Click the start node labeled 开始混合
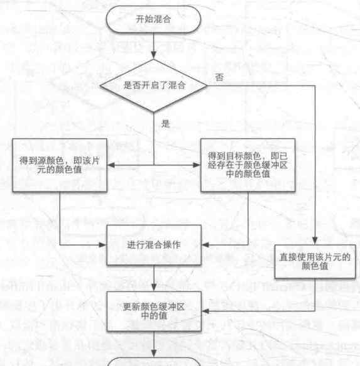pos(153,19)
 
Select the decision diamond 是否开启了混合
pos(153,85)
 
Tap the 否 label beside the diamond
pos(219,77)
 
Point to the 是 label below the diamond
pos(165,124)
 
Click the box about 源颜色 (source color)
pos(60,165)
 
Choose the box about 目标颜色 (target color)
pos(248,165)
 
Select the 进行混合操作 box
pos(154,245)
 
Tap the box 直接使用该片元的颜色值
pos(315,261)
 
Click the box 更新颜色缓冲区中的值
pos(154,311)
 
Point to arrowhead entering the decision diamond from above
pos(153,55)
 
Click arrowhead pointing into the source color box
pos(111,165)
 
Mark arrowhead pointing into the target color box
pos(197,165)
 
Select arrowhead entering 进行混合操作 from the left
pos(103,245)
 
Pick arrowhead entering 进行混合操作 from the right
pos(205,245)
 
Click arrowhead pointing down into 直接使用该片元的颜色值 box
pos(315,241)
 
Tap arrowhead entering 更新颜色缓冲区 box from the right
pos(205,311)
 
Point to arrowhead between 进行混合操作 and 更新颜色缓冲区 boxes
pos(154,288)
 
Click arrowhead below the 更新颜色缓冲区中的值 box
pos(154,353)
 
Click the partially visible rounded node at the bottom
pos(154,362)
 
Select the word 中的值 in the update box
pos(154,316)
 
